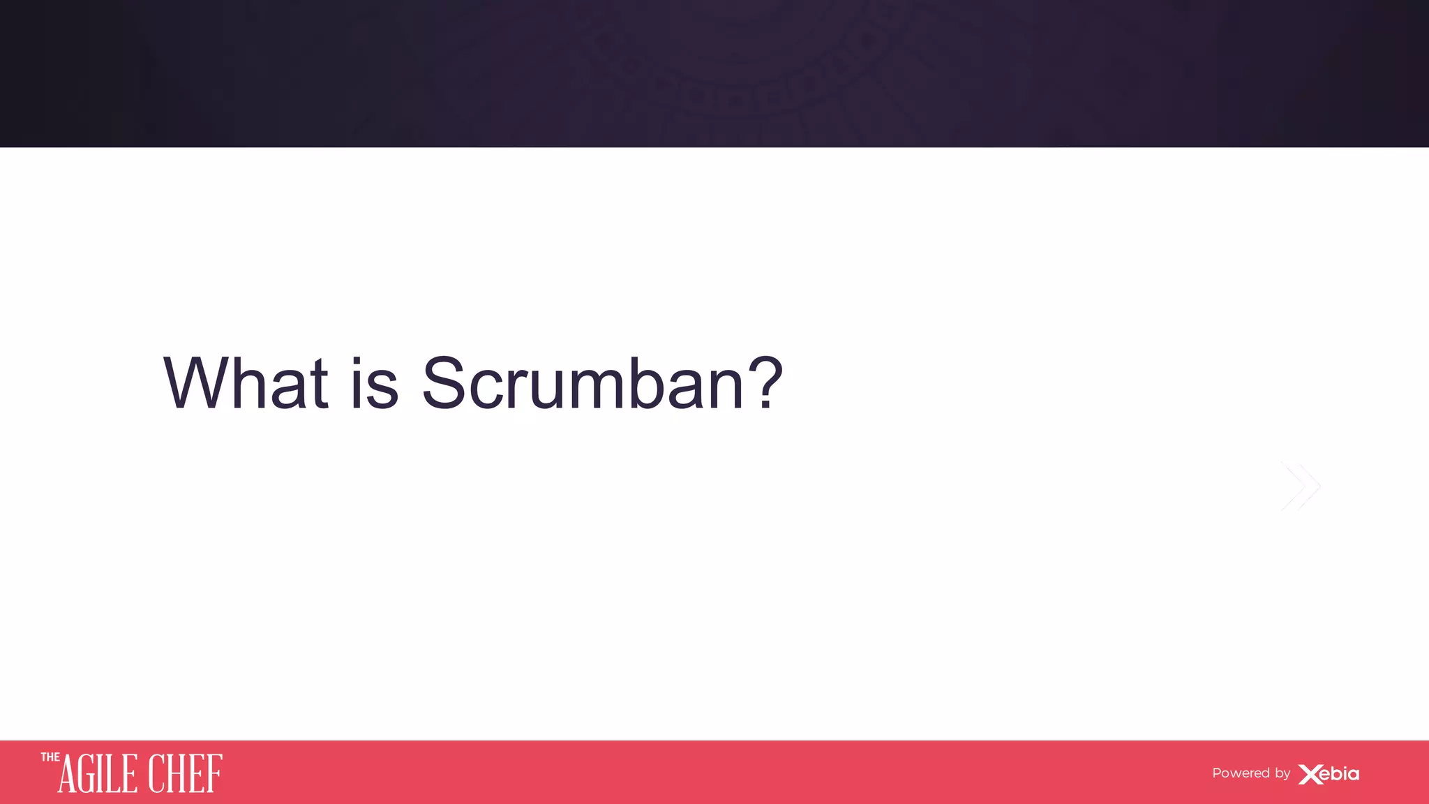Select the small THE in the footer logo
coord(50,757)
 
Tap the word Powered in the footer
coord(1241,773)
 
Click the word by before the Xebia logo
coord(1282,774)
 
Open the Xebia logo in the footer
coord(1329,774)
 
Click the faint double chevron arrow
coord(1301,486)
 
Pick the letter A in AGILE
coord(68,775)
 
